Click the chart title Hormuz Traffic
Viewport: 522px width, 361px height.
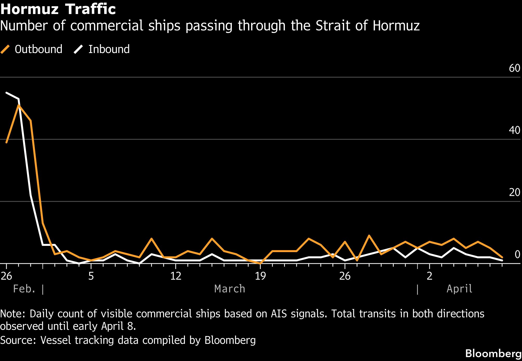click(x=58, y=9)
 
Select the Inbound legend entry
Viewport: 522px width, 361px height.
click(x=102, y=49)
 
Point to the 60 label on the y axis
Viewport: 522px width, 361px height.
click(x=514, y=68)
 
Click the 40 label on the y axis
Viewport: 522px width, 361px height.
click(x=514, y=130)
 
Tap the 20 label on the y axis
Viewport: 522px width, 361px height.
click(x=514, y=192)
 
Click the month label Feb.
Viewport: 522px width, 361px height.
click(x=24, y=289)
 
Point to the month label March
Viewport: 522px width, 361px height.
click(x=230, y=289)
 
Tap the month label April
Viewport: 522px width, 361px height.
click(x=459, y=289)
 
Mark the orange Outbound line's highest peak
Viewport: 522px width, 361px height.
click(x=18, y=105)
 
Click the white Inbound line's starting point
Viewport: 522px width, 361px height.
click(x=6, y=93)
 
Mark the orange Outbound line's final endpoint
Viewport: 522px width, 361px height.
click(x=502, y=257)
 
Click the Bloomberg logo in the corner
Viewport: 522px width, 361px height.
click(x=493, y=353)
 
